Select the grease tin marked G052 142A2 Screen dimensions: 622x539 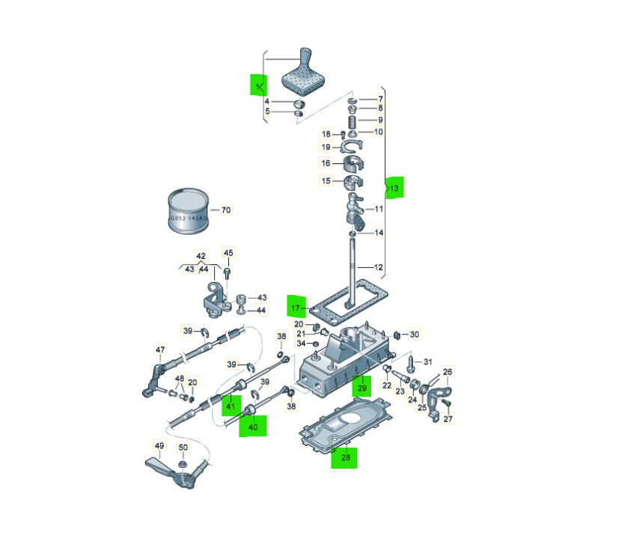(x=188, y=211)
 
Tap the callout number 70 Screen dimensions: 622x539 (x=226, y=210)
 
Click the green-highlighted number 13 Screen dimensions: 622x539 (x=394, y=188)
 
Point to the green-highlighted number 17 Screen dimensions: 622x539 (x=296, y=308)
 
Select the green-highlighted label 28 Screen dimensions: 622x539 (x=346, y=457)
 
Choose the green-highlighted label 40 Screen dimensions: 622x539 (x=253, y=427)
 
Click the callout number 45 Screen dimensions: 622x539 (x=228, y=252)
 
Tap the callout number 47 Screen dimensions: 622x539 (x=160, y=350)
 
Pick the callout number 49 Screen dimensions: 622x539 (x=159, y=445)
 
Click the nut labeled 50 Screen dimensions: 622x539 (x=183, y=464)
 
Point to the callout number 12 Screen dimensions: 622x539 (x=379, y=267)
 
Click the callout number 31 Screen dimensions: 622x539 (x=427, y=362)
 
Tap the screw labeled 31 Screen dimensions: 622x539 (x=411, y=364)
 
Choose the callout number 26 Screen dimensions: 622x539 (x=448, y=371)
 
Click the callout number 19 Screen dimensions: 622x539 (x=326, y=147)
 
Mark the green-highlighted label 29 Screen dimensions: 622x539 (x=362, y=388)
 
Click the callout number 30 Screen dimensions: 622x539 (x=414, y=335)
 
